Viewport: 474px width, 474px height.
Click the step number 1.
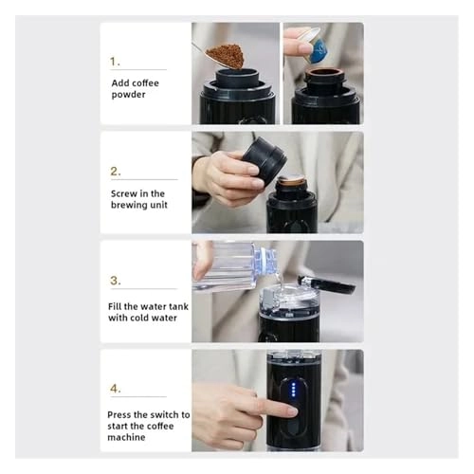point(115,61)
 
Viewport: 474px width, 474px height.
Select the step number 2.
point(116,171)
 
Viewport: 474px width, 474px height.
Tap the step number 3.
point(116,280)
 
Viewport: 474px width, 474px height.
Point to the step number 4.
point(116,388)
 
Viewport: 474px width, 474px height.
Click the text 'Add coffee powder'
point(135,89)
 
